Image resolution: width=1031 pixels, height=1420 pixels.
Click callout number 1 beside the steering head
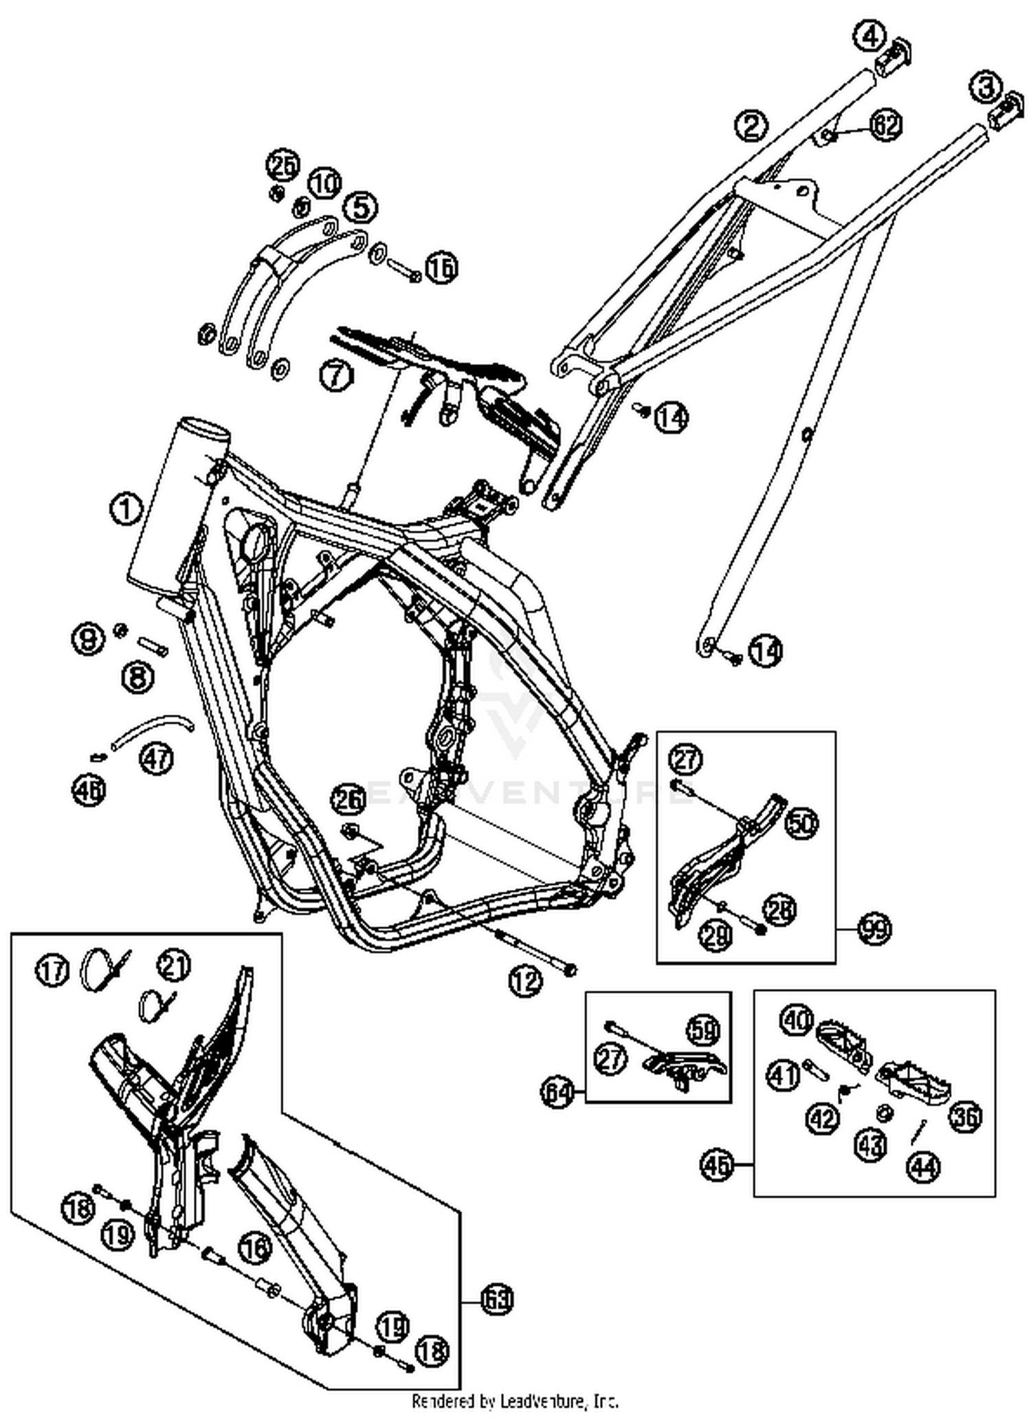click(126, 511)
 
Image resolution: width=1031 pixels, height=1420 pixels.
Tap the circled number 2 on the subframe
click(752, 125)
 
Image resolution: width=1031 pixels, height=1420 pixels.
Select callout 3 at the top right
click(985, 87)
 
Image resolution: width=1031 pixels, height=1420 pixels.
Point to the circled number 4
click(869, 36)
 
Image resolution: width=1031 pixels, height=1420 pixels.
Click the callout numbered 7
click(336, 377)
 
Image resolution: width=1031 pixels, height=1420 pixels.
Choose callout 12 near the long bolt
click(526, 981)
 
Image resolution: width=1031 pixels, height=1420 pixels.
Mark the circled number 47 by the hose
click(157, 758)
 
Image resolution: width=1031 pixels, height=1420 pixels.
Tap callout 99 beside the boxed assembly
click(874, 929)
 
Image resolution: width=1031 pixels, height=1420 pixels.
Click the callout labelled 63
click(496, 1300)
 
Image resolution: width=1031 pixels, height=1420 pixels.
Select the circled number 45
click(718, 1165)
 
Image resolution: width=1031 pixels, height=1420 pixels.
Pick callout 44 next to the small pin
click(923, 1166)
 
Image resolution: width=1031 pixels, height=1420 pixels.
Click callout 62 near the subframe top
click(886, 126)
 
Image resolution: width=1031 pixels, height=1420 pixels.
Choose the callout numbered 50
click(802, 823)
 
